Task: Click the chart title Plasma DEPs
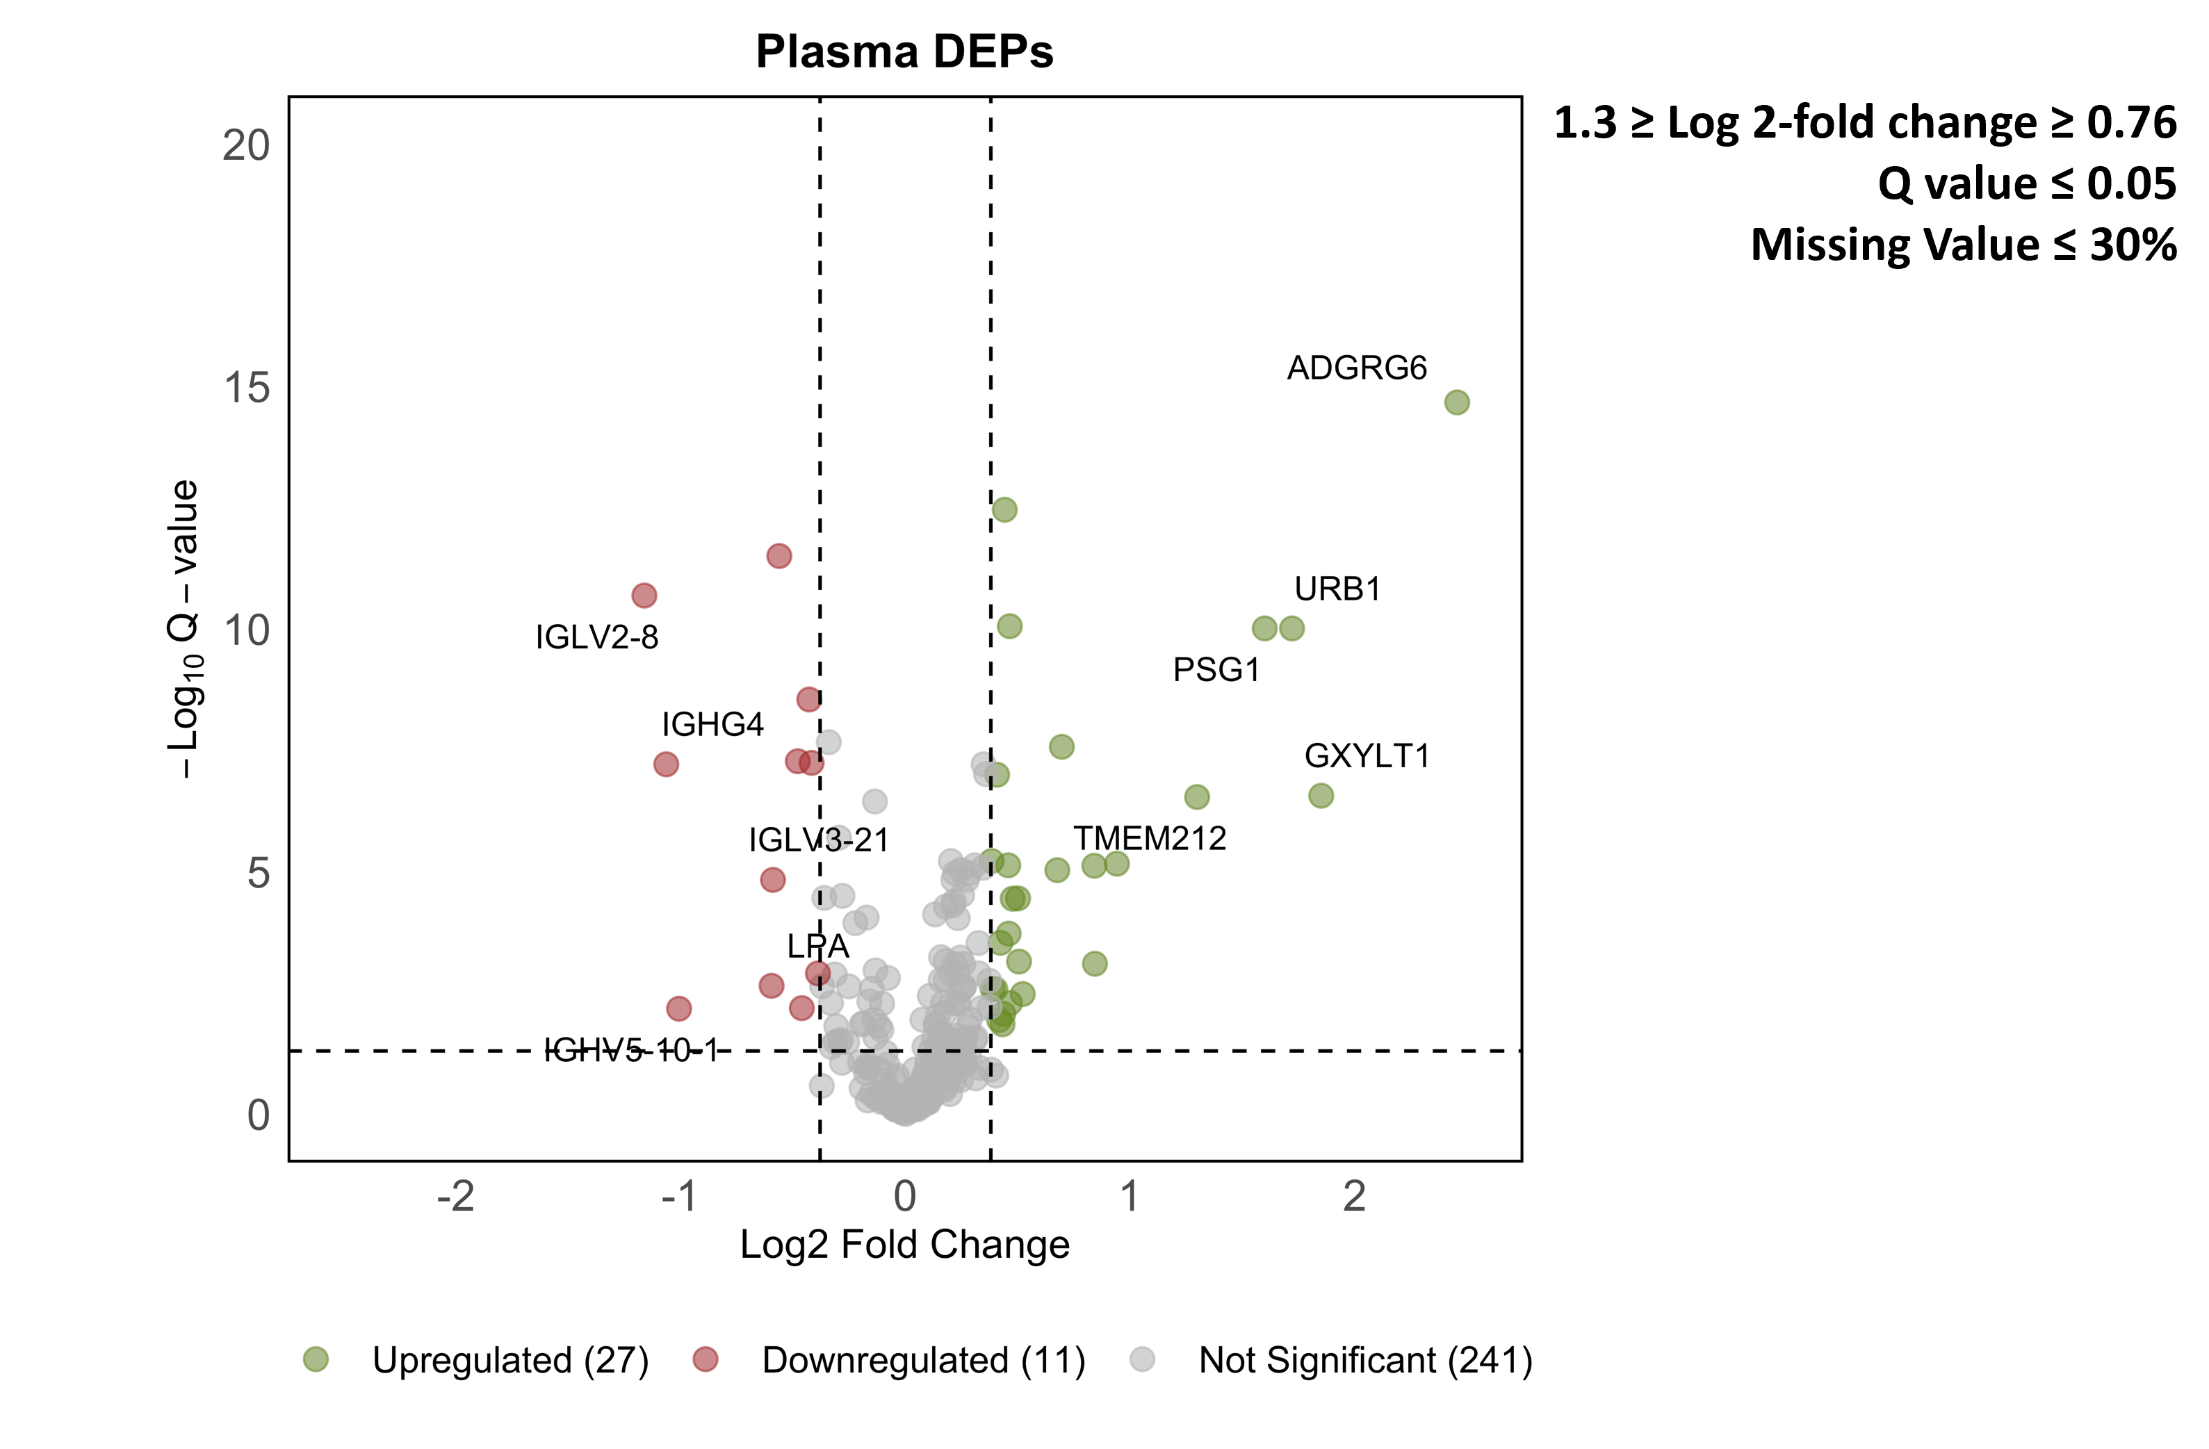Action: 904,52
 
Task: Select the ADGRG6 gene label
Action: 1356,368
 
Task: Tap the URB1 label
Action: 1337,589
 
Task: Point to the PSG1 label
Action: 1217,670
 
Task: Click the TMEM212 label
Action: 1150,839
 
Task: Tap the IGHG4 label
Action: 713,725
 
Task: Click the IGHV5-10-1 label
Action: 631,1051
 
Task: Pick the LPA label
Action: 817,947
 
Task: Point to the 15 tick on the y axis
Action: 247,388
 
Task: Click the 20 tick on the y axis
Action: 247,146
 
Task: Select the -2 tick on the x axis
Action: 456,1197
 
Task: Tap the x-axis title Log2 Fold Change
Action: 905,1245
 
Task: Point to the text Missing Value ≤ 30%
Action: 1963,245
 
